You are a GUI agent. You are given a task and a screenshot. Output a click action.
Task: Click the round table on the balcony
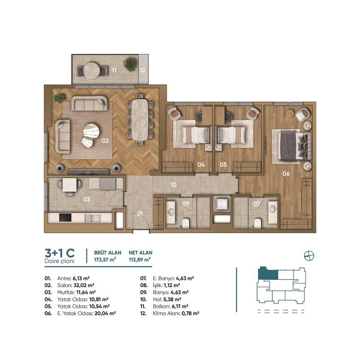91,71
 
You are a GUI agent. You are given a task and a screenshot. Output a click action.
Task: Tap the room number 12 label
143,70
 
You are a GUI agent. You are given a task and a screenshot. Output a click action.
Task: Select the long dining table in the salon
140,119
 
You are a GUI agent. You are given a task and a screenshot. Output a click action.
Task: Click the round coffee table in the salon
91,131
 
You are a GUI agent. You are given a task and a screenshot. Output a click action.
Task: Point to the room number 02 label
105,140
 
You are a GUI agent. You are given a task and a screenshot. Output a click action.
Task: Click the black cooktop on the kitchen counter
65,217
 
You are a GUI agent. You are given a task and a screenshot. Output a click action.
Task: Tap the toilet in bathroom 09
185,224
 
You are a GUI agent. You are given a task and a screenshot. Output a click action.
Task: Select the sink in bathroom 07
273,209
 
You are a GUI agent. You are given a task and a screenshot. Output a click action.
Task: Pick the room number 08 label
222,204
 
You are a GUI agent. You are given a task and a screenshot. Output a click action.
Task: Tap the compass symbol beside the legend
309,256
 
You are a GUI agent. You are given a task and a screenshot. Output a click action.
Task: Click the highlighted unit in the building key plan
268,274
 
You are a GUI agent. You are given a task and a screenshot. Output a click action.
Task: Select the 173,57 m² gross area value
105,260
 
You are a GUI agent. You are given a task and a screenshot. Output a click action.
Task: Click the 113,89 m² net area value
140,260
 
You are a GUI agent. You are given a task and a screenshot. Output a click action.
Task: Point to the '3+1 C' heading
60,253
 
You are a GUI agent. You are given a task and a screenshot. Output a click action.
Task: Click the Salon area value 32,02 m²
84,285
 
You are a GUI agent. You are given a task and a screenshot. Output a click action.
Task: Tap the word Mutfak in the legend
66,292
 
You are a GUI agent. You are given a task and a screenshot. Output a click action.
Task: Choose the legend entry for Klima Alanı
170,313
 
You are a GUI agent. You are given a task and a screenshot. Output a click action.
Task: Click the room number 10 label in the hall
173,184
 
